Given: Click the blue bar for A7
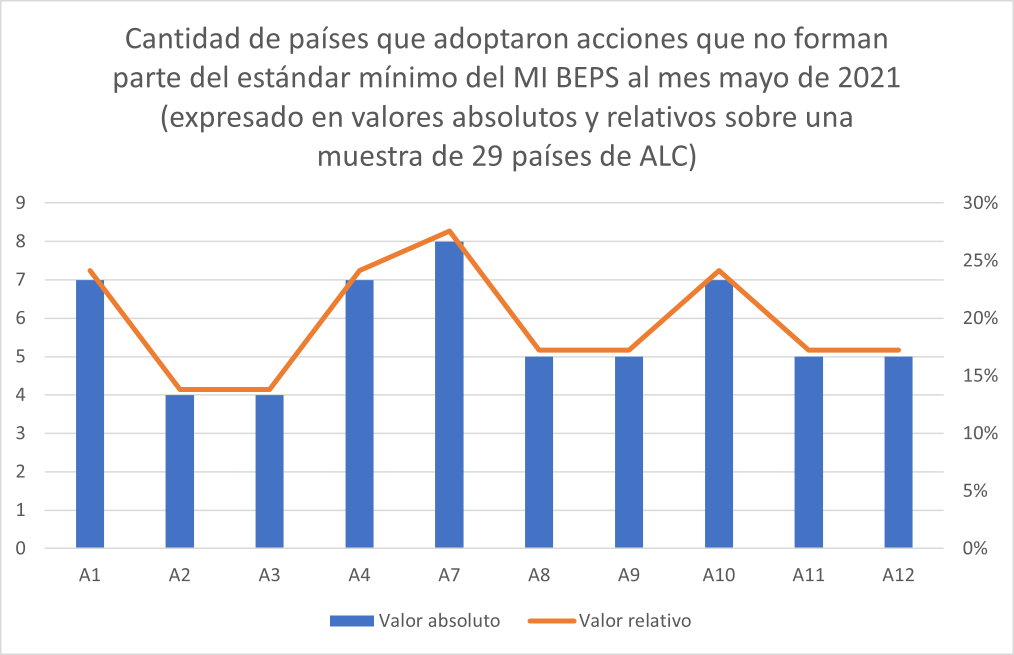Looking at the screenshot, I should point(449,395).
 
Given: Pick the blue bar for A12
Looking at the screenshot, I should point(898,452).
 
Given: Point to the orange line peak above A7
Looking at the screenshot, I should point(449,231).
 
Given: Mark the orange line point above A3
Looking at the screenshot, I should point(269,389).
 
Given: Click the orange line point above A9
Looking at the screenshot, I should point(629,350).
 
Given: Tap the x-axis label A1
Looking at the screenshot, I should point(90,575).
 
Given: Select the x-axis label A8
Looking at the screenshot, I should point(539,575).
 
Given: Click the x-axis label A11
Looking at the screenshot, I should point(808,575).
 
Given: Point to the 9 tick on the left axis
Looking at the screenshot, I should point(20,203).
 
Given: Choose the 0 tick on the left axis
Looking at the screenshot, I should point(20,548).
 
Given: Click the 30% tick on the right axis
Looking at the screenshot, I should point(980,203).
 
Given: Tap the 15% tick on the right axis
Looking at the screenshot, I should point(980,376).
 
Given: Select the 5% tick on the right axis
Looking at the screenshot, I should point(975,491).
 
